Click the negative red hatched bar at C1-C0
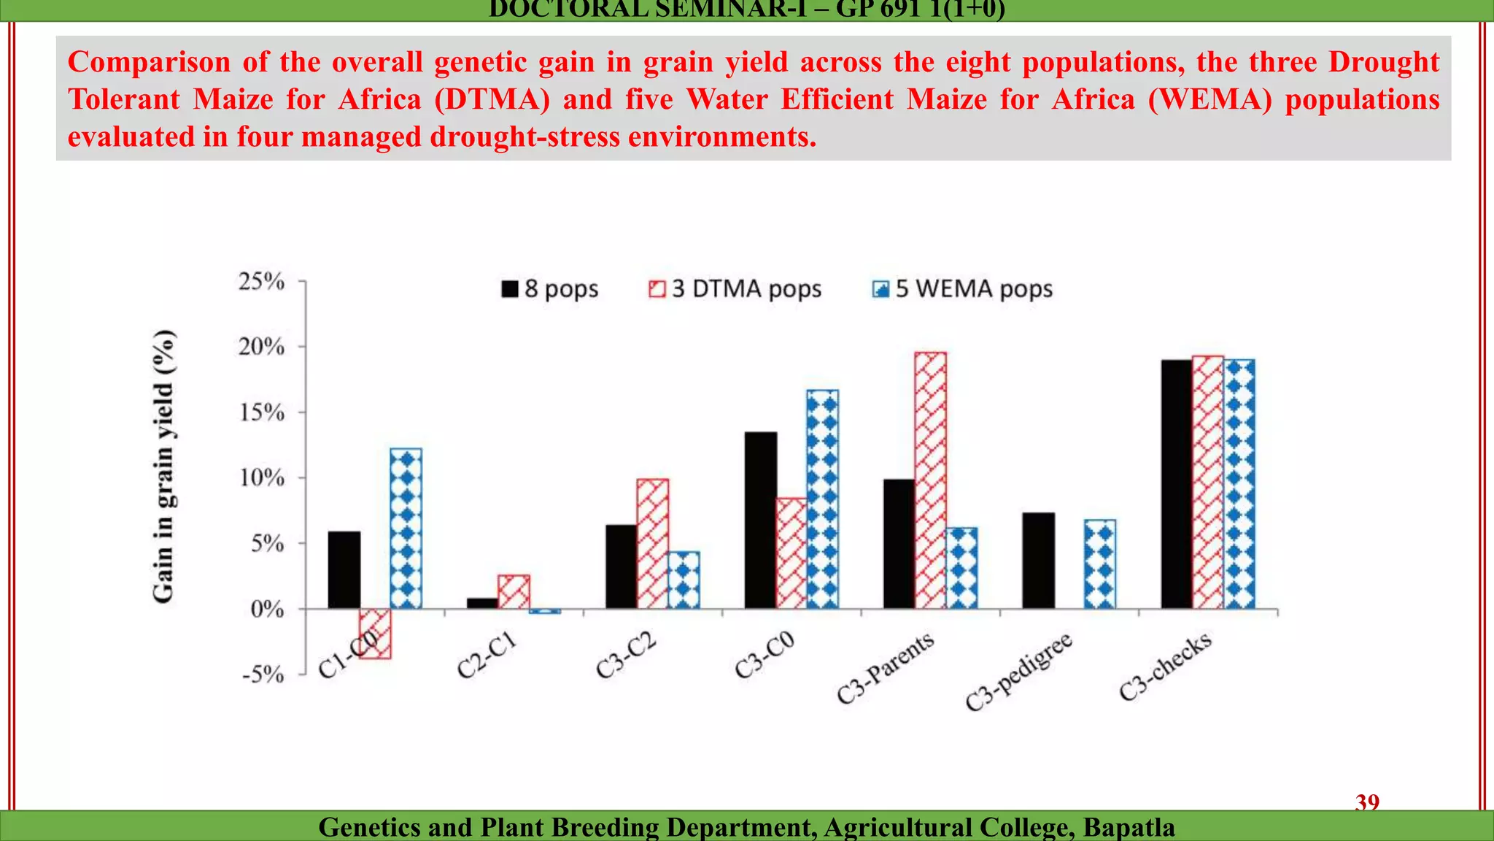pos(375,634)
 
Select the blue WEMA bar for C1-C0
pos(406,529)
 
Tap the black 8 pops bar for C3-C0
pos(761,521)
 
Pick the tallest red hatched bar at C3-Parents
pos(931,480)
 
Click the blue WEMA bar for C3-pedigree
pos(1100,564)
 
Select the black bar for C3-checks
pos(1177,484)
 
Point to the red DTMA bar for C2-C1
pos(514,592)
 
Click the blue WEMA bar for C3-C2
pos(684,580)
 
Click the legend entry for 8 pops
pos(550,289)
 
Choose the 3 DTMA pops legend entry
pos(735,289)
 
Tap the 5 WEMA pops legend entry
pos(963,289)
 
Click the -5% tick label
pos(263,674)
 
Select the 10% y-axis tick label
pos(261,478)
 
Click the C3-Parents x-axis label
pos(885,668)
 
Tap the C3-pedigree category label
pos(1018,672)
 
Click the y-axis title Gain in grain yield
pos(164,467)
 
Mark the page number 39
pos(1367,802)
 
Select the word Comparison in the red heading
pos(149,62)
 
